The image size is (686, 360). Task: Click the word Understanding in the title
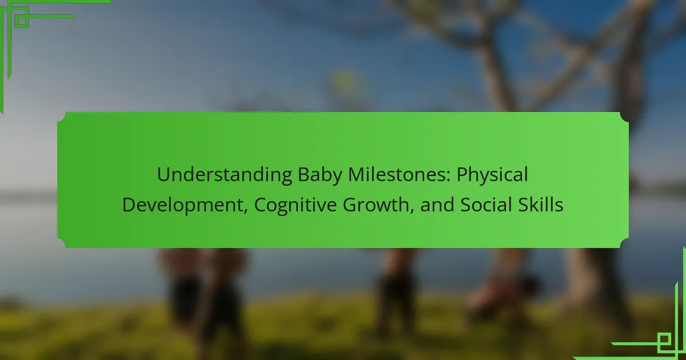pos(225,175)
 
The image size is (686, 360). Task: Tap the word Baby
pos(320,175)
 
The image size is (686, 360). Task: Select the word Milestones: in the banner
pos(400,174)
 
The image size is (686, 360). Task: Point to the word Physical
pos(492,175)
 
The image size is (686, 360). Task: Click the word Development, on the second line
pos(185,205)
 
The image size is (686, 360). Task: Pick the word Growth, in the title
pos(378,205)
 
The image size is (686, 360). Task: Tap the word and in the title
pos(437,205)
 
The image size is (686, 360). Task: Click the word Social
pos(486,205)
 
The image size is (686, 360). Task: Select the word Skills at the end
pos(541,205)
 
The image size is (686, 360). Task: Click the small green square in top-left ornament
pos(22,20)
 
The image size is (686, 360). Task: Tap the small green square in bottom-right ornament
pos(664,339)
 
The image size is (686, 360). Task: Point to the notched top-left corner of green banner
pos(61,117)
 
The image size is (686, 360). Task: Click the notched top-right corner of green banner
pos(624,117)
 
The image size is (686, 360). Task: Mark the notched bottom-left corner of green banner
pos(61,243)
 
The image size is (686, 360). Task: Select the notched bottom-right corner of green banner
pos(624,243)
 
